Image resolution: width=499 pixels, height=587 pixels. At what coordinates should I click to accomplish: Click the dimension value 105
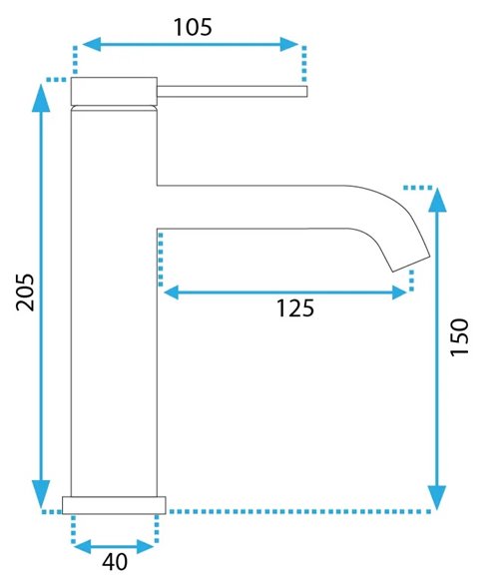(x=192, y=27)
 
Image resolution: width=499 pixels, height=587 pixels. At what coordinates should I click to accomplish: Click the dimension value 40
(x=115, y=562)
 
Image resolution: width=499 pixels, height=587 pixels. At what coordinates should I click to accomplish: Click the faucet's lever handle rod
(x=231, y=92)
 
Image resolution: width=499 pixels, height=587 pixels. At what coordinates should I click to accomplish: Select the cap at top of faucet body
(x=114, y=91)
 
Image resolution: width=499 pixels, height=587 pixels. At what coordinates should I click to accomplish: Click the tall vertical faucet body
(x=114, y=299)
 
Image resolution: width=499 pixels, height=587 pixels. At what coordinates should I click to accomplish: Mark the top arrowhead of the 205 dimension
(x=41, y=94)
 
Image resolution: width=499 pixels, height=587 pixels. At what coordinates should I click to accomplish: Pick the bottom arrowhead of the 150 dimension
(x=436, y=496)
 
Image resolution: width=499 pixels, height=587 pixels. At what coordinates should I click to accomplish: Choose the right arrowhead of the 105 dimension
(x=290, y=44)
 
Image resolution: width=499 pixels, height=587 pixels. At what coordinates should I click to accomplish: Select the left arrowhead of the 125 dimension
(x=172, y=293)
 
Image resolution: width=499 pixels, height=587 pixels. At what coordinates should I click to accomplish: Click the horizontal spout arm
(x=259, y=208)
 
